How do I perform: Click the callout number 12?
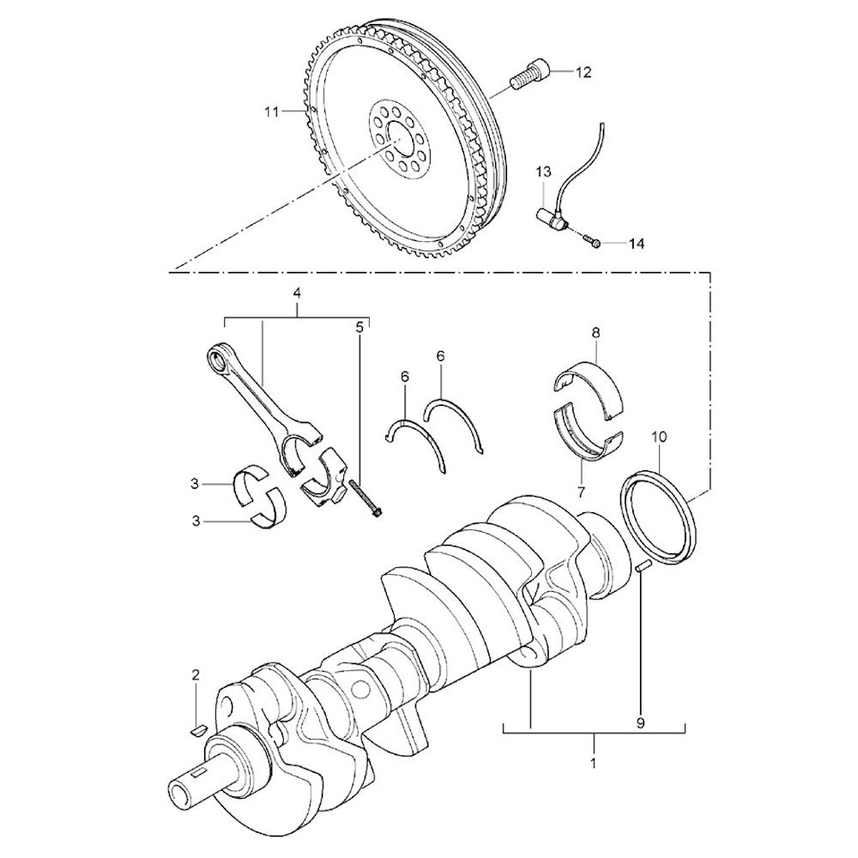click(x=583, y=73)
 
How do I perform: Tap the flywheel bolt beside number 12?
click(x=529, y=76)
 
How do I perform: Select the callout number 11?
click(x=272, y=112)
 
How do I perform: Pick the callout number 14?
click(x=635, y=245)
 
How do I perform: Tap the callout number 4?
click(x=297, y=293)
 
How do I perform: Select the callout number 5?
click(x=360, y=326)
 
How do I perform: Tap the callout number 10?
click(x=658, y=437)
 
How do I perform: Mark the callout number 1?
click(x=593, y=761)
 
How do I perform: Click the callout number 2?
click(x=196, y=675)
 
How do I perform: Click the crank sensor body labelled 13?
click(x=549, y=218)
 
